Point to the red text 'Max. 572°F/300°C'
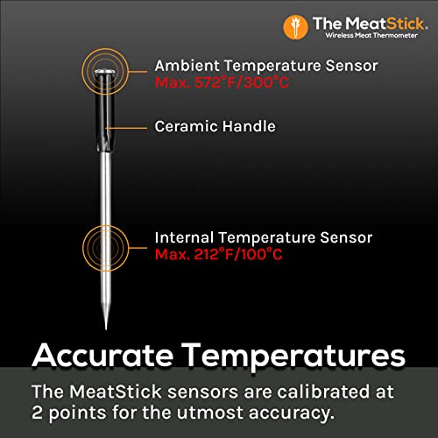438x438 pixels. pyautogui.click(x=219, y=81)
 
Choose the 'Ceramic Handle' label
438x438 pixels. pyautogui.click(x=215, y=127)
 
